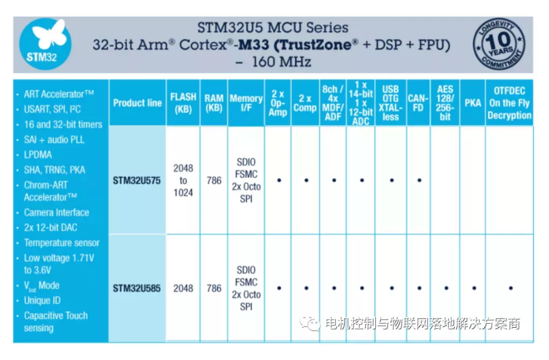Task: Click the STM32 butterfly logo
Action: (45, 44)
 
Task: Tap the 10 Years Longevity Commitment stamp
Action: (499, 44)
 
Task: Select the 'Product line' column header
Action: (137, 103)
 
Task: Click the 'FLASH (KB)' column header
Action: (183, 103)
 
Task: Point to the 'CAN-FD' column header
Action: (418, 103)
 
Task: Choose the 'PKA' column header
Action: (473, 103)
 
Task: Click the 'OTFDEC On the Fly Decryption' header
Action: (509, 103)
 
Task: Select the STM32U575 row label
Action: (136, 180)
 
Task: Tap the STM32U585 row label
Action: (136, 288)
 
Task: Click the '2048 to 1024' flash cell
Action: (183, 180)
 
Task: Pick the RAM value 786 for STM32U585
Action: (214, 288)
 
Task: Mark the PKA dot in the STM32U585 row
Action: (474, 288)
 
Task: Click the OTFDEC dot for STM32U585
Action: (511, 288)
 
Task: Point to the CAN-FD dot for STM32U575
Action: (420, 180)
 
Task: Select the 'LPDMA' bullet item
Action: (38, 155)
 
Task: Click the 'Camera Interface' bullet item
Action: (56, 212)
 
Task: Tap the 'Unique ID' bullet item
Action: (42, 300)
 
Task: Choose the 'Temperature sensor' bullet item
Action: (61, 243)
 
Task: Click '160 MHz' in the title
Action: (282, 62)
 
